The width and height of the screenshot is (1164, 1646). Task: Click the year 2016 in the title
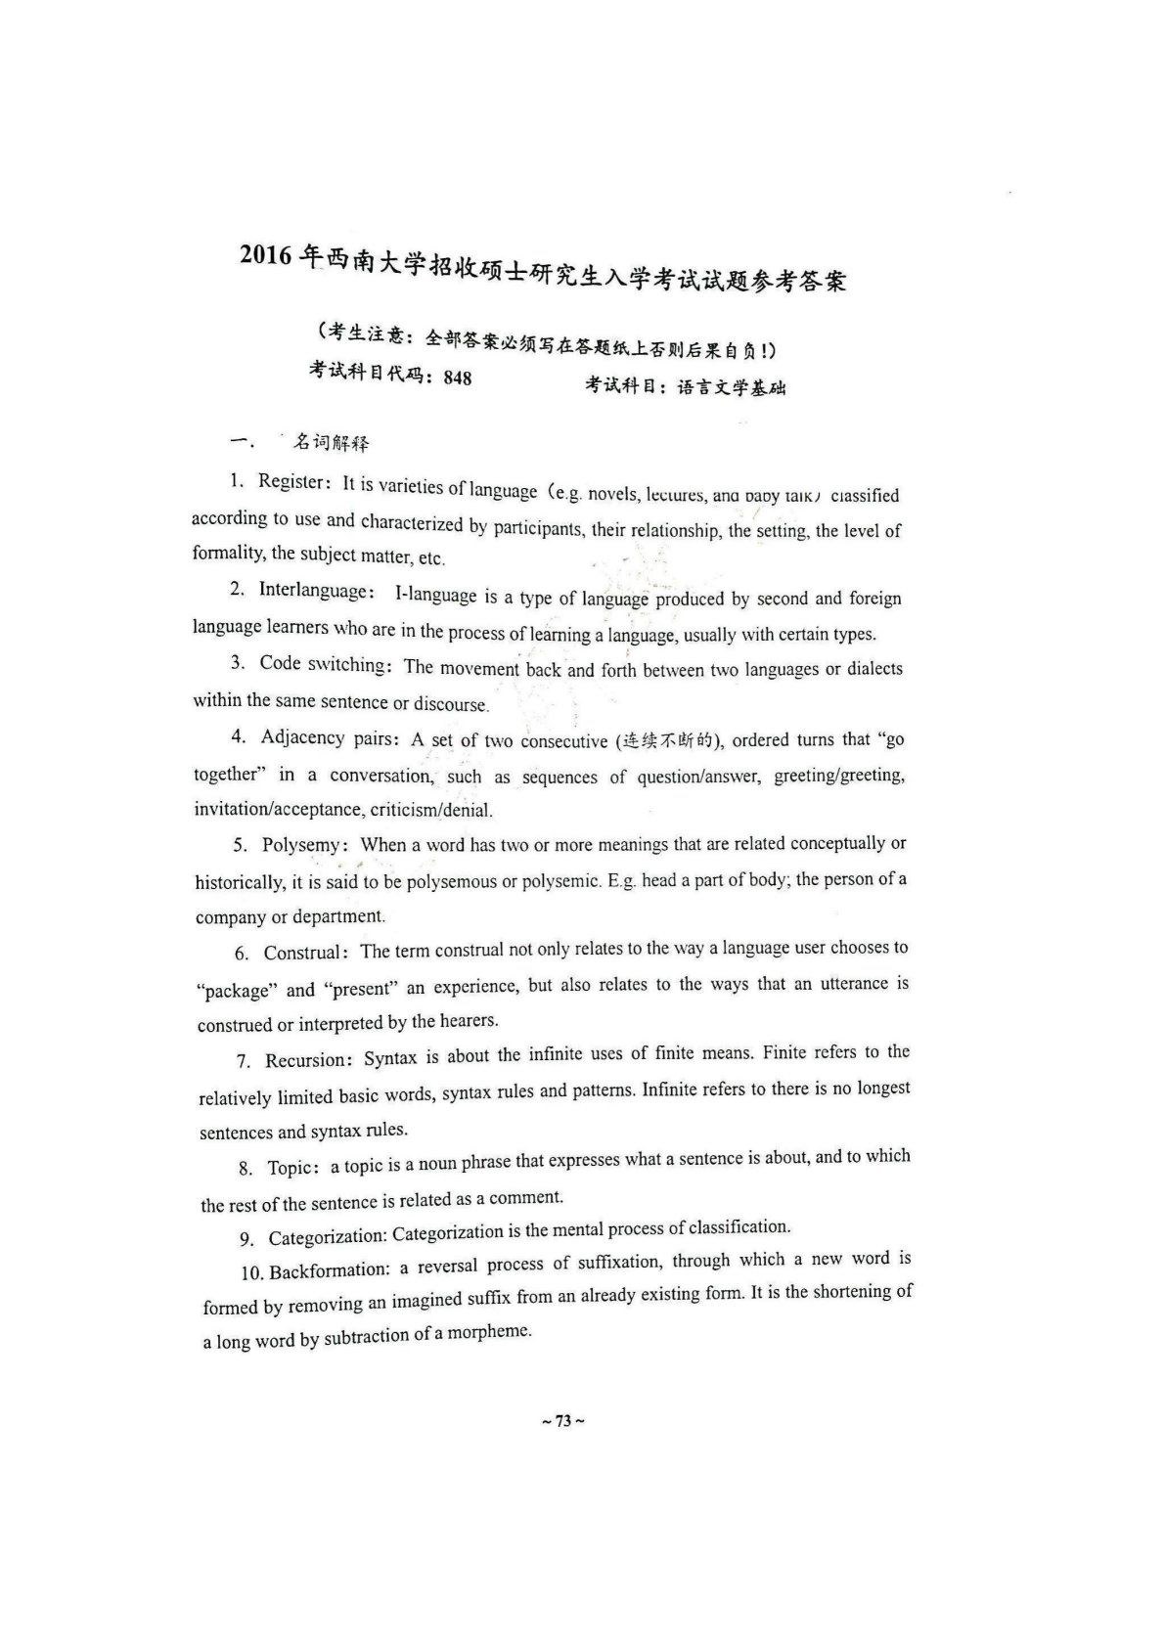(265, 255)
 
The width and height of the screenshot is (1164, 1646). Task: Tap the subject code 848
(457, 378)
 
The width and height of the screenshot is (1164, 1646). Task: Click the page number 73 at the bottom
(562, 1422)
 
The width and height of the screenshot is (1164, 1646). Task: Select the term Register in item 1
(290, 481)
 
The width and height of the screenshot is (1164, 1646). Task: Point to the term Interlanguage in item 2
(313, 590)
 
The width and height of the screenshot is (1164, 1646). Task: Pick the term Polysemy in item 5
(300, 845)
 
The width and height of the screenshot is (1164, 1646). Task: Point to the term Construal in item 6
(302, 953)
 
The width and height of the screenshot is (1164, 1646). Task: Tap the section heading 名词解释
(333, 443)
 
